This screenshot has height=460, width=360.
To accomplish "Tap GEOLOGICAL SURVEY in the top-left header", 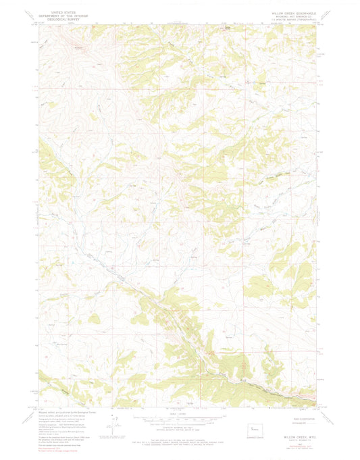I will pyautogui.click(x=59, y=20).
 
